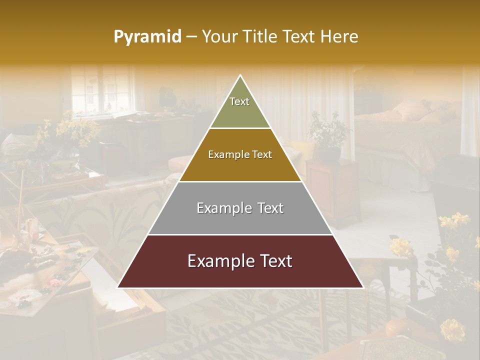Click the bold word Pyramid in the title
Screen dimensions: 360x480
click(147, 37)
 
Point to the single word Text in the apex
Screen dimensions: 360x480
click(239, 101)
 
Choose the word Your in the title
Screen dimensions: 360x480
click(219, 37)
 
